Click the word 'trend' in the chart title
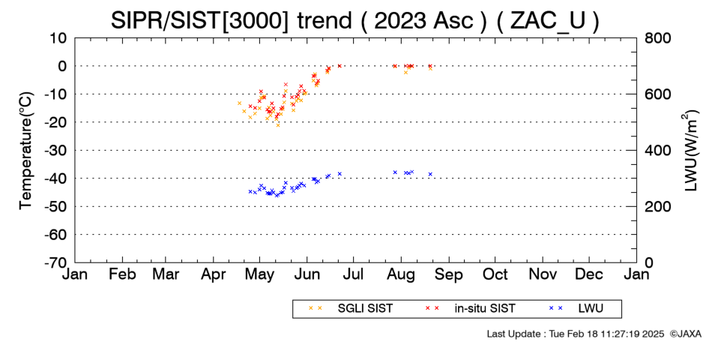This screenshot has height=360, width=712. [324, 20]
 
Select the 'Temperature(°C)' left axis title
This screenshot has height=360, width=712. [26, 151]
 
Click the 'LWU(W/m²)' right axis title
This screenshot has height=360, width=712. [691, 151]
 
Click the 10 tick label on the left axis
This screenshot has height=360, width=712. [58, 38]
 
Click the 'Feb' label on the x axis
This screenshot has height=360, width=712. [123, 274]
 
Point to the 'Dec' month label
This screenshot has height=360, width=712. [589, 274]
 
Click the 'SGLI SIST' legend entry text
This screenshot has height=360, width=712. [365, 309]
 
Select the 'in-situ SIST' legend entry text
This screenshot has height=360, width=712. [485, 309]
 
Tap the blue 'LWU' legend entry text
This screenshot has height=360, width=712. [591, 309]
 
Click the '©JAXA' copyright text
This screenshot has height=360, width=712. [686, 334]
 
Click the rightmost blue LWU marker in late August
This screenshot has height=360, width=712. [430, 174]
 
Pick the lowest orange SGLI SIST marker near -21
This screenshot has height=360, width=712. [278, 125]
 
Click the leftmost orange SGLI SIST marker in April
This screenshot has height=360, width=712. [239, 103]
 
